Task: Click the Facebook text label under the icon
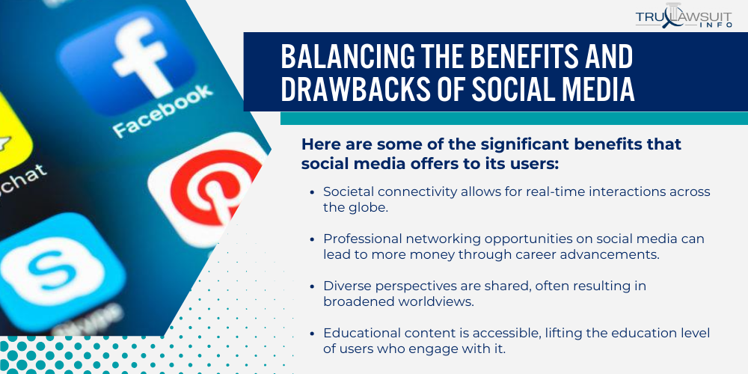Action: pos(161,112)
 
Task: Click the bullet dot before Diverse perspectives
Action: pos(312,286)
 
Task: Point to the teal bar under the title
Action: pos(514,118)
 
